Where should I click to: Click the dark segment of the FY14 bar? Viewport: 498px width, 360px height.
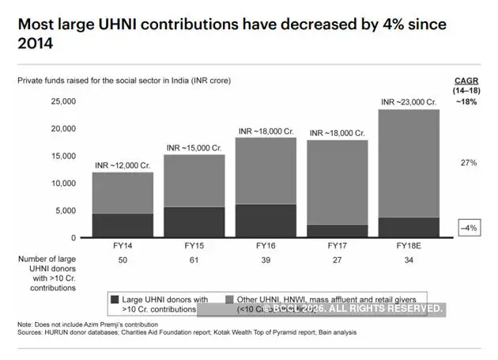pos(123,225)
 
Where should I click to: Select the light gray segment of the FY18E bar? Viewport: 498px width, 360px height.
pos(409,163)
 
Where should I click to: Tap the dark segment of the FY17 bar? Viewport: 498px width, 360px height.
pos(338,231)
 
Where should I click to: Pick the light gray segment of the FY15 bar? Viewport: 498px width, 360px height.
pos(194,180)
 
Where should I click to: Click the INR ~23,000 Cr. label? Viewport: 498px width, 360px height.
pos(409,101)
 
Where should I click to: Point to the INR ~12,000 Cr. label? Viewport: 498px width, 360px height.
pos(123,165)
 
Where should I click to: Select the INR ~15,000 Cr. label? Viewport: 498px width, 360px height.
pos(194,147)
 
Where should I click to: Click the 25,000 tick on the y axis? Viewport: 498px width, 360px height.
pos(63,101)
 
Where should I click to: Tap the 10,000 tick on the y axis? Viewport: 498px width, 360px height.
pos(63,183)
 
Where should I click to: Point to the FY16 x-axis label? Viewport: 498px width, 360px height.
pos(266,247)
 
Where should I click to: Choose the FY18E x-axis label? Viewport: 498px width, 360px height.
pos(409,247)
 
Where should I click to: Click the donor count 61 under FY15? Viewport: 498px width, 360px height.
pos(194,260)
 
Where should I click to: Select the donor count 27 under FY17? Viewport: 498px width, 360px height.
pos(338,260)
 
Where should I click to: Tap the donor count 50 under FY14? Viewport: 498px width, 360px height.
pos(123,260)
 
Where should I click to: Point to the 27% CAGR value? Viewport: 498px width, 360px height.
pos(468,162)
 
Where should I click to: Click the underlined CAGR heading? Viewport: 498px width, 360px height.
pos(466,81)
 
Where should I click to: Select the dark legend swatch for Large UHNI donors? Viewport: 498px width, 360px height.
pos(115,300)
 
